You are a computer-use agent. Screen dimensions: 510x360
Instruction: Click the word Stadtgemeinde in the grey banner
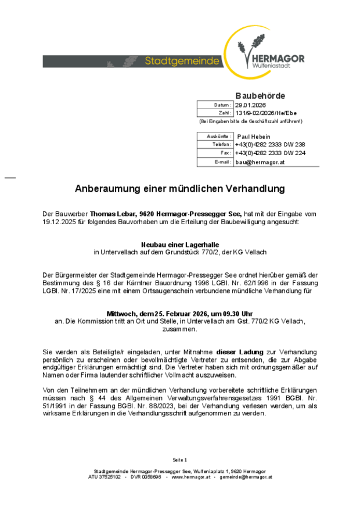pyautogui.click(x=182, y=61)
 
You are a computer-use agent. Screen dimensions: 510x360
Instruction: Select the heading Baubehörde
pyautogui.click(x=260, y=95)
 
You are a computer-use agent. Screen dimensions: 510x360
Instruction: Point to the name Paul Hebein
pyautogui.click(x=254, y=136)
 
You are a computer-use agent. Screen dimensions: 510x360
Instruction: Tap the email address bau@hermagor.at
pyautogui.click(x=260, y=162)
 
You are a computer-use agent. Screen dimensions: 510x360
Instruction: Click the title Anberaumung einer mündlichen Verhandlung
pyautogui.click(x=180, y=189)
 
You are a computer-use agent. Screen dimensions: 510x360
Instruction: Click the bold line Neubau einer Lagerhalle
pyautogui.click(x=180, y=245)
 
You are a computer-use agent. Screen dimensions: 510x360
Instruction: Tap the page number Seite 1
pyautogui.click(x=180, y=459)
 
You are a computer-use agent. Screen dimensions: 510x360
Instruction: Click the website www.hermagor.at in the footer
pyautogui.click(x=191, y=477)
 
